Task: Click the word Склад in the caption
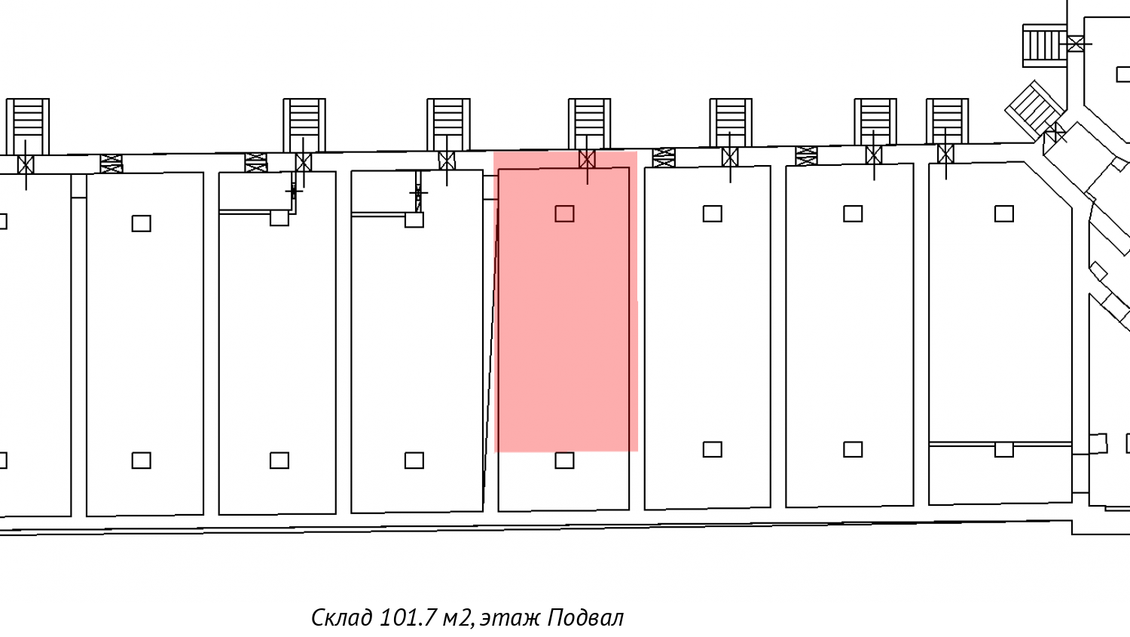click(341, 618)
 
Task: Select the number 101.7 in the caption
click(408, 618)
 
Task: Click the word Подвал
click(585, 618)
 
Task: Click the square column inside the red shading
click(564, 214)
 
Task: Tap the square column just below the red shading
click(564, 460)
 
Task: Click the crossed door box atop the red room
click(587, 159)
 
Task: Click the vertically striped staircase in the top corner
click(1044, 45)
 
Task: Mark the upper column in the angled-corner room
click(1003, 214)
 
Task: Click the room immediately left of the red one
click(417, 362)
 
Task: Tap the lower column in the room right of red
click(712, 449)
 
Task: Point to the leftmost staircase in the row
click(28, 124)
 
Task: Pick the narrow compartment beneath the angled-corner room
click(1000, 475)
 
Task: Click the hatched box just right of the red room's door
click(664, 158)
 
